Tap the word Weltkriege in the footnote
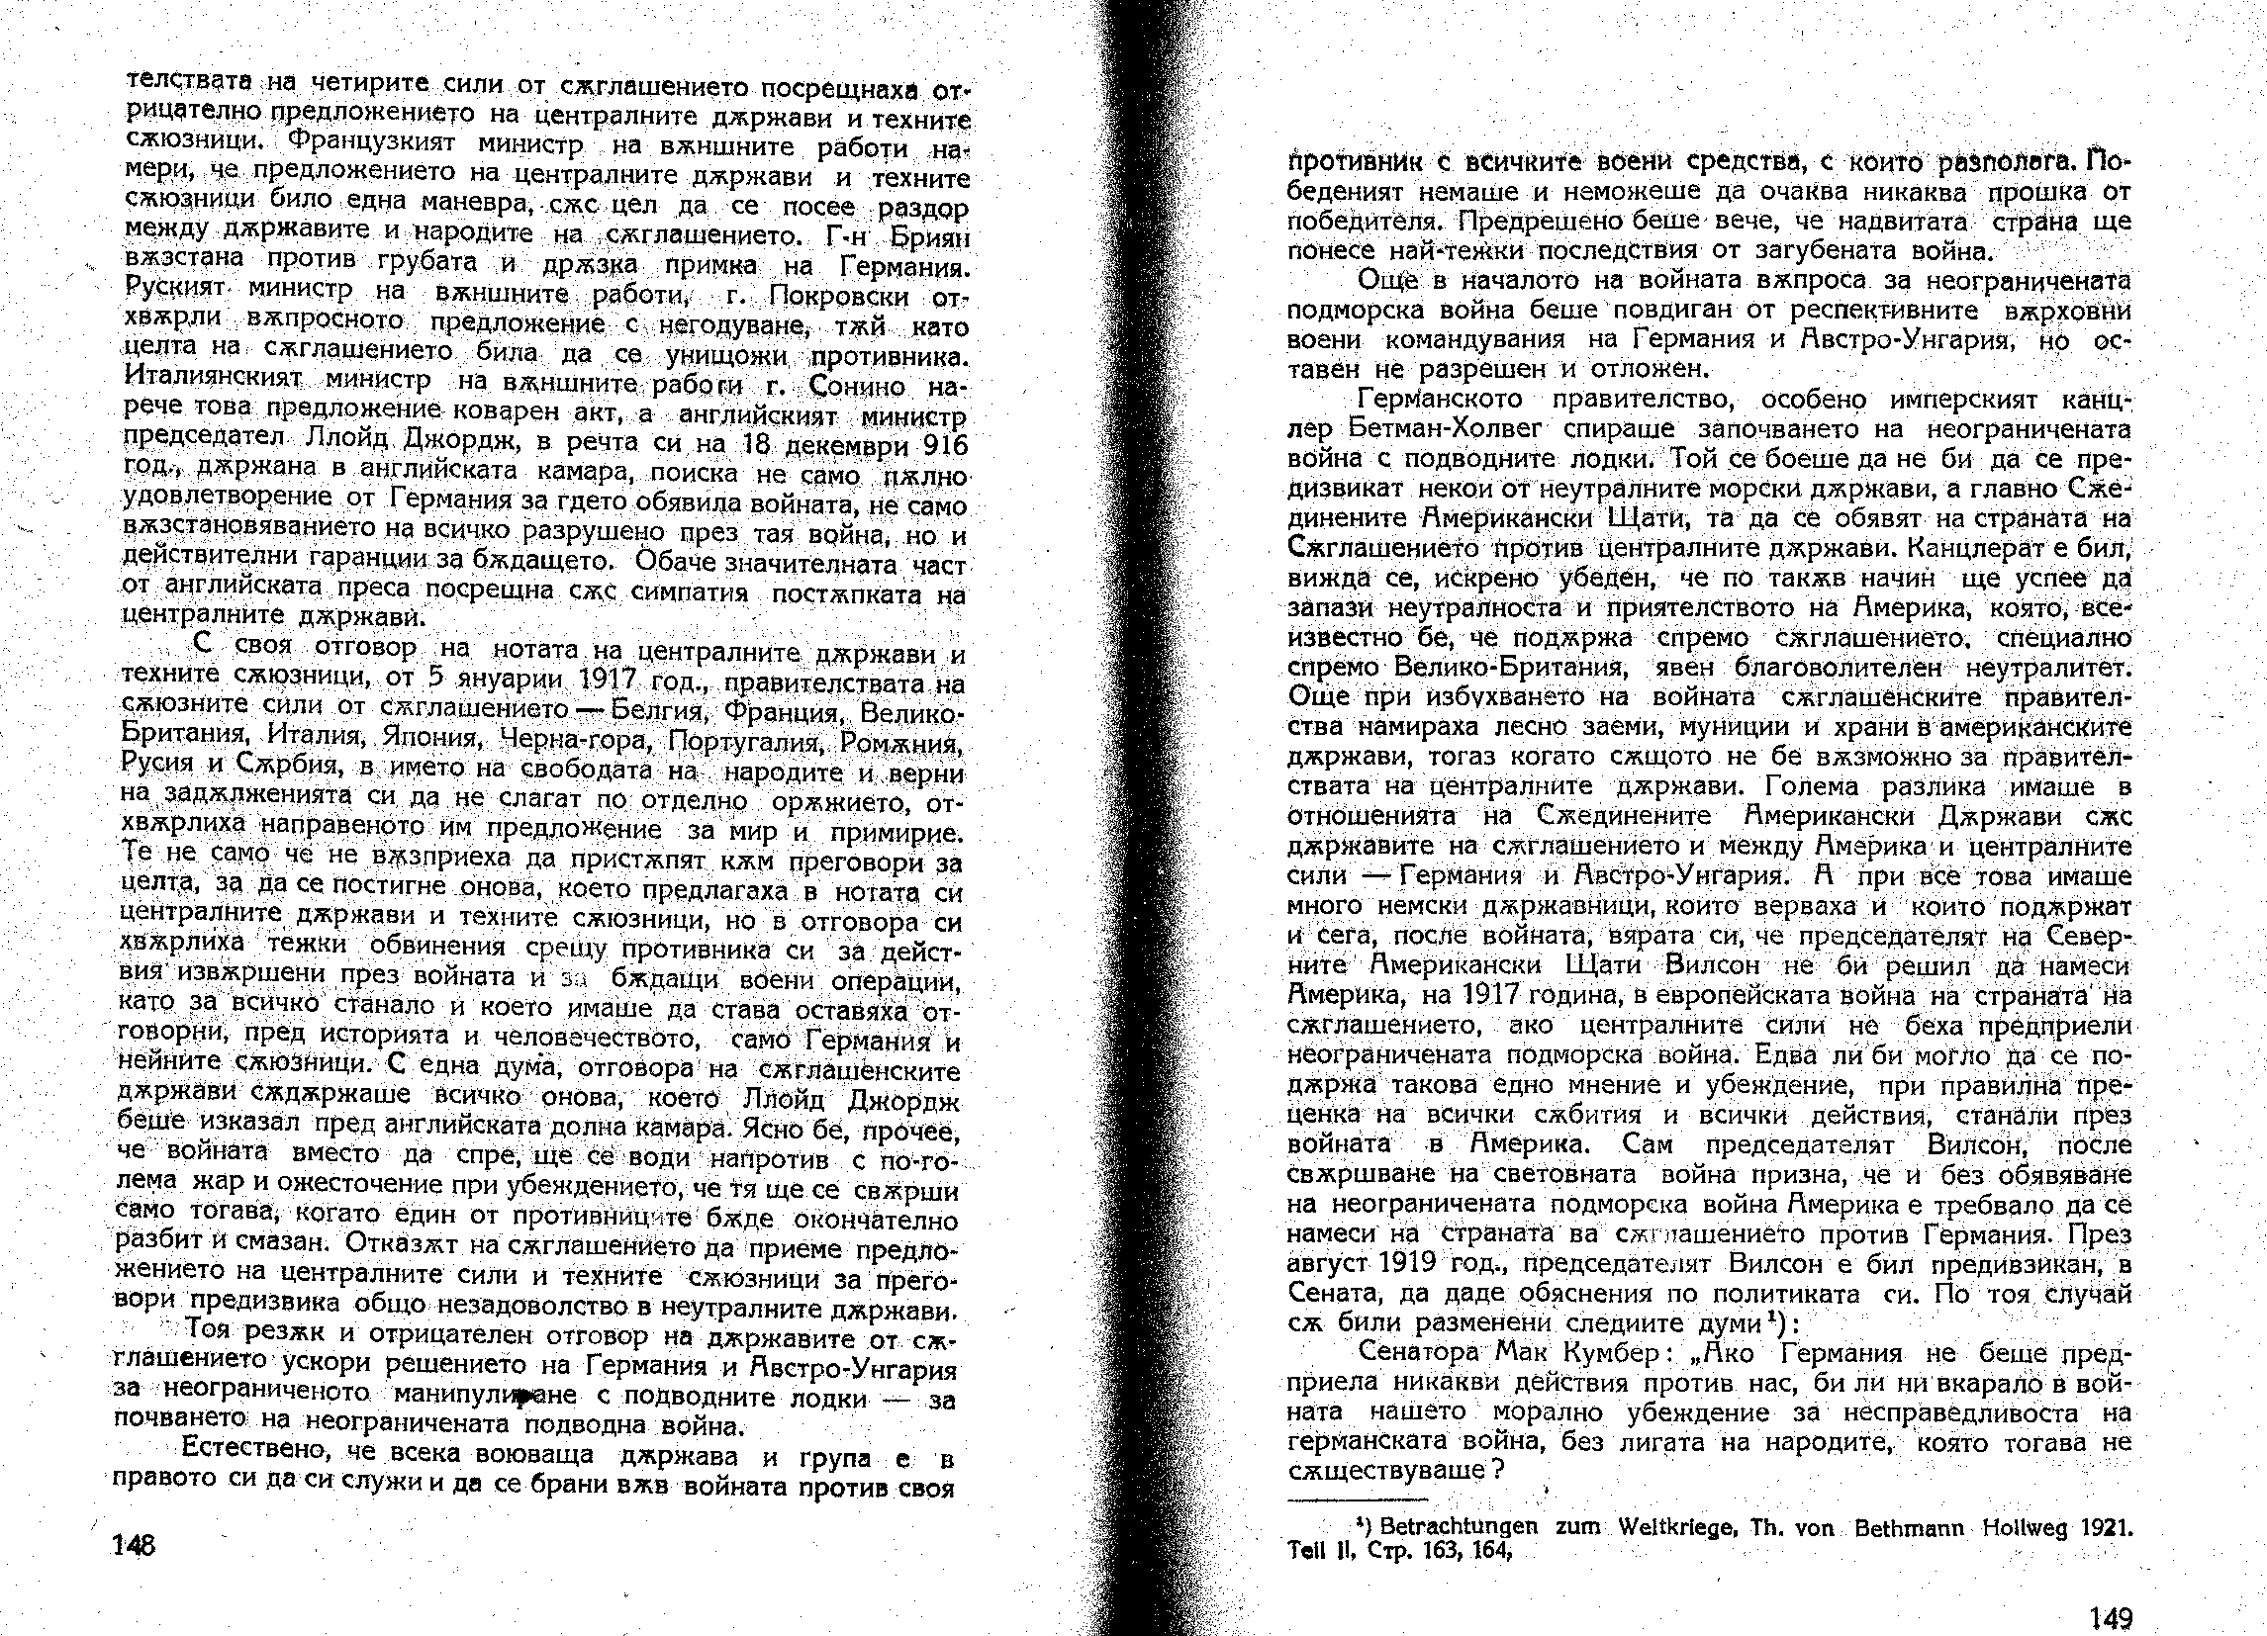[1665, 1529]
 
